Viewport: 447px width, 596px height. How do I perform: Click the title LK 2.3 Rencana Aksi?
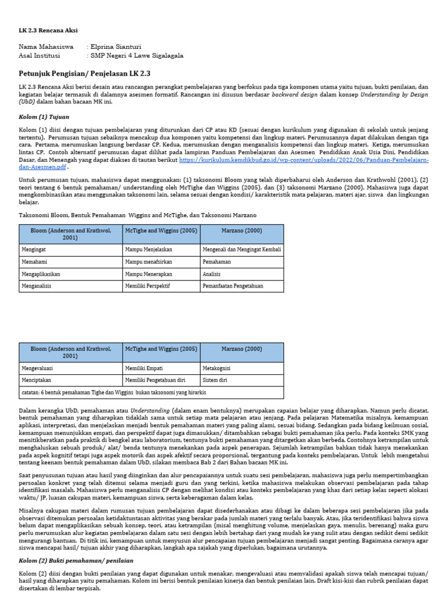48,30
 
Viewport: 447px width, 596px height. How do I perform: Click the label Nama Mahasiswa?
46,47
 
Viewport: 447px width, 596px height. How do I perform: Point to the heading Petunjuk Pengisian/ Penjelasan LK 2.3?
84,74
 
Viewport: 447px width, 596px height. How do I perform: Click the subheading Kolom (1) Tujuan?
44,117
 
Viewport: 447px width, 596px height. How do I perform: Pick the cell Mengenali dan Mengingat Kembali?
242,249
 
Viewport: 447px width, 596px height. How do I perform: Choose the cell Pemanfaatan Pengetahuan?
233,286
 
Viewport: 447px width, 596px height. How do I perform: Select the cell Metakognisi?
218,368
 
